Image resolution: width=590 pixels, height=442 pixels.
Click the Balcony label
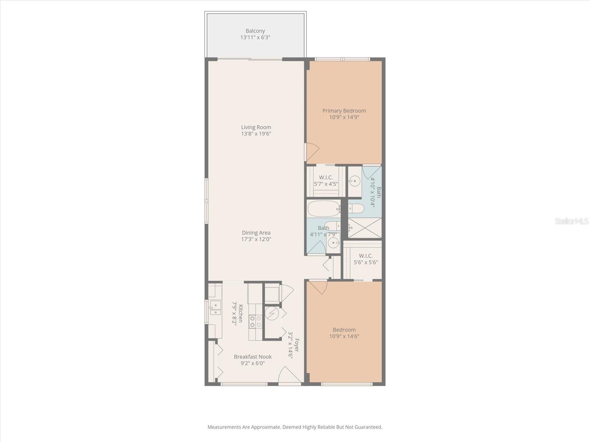pos(255,31)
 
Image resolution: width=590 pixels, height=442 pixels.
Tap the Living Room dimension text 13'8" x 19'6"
pos(256,134)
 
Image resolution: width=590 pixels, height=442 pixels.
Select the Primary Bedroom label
pos(344,110)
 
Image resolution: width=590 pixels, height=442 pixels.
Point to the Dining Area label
pos(256,232)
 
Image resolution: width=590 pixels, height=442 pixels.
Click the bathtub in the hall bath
pos(324,208)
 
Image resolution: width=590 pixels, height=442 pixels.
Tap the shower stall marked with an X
pos(365,228)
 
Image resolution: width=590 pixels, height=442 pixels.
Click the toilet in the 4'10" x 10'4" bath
pos(356,209)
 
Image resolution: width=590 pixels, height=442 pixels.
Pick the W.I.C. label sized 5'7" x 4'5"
pos(326,178)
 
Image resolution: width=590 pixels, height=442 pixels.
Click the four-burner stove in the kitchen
pos(255,321)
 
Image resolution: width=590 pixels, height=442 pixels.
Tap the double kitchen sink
pos(215,308)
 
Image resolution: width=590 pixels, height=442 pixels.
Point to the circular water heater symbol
pos(272,313)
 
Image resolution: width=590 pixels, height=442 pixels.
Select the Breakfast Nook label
pos(253,357)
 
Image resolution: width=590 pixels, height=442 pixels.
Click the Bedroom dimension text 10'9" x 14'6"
pos(344,336)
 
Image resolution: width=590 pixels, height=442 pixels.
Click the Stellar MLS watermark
pos(571,221)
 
